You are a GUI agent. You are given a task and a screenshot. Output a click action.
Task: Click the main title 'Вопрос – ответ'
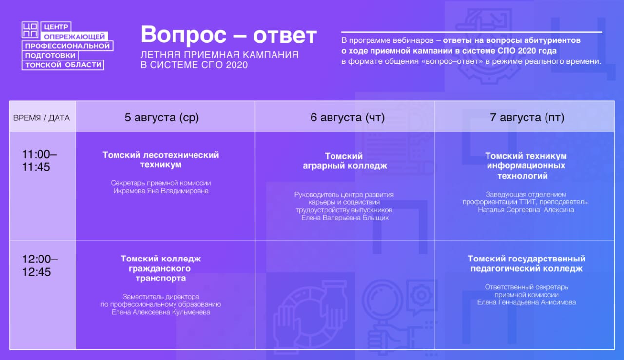(x=229, y=35)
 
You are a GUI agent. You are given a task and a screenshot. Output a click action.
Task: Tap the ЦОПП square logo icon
(x=30, y=30)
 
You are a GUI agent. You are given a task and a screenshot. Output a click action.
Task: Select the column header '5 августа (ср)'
(x=161, y=117)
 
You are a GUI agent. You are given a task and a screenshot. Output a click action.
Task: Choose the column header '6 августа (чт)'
(x=348, y=117)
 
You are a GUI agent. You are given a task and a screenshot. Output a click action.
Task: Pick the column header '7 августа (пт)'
(x=527, y=117)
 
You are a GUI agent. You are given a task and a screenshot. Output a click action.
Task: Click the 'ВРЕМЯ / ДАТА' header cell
(x=41, y=118)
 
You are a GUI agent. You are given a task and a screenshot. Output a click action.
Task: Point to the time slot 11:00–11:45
(x=39, y=160)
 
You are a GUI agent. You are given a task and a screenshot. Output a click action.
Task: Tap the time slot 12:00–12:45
(x=40, y=265)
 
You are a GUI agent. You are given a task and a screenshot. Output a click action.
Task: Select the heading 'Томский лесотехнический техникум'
(x=161, y=160)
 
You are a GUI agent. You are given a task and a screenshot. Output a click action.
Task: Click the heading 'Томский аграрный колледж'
(x=345, y=161)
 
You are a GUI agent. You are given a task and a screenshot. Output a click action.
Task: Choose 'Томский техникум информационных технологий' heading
(x=526, y=165)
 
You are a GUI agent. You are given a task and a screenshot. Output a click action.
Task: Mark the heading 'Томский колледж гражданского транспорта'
(x=161, y=268)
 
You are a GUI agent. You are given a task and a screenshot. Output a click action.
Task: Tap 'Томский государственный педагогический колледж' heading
(x=526, y=263)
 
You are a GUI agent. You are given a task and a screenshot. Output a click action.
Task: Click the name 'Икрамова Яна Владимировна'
(x=161, y=191)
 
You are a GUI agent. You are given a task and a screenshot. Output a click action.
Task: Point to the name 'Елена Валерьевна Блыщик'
(x=345, y=218)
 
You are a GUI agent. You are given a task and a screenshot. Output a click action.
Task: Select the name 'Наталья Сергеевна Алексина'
(x=526, y=210)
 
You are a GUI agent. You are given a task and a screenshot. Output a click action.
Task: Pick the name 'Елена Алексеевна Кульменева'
(x=161, y=312)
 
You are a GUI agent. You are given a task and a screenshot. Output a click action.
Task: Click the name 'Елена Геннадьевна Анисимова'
(x=526, y=302)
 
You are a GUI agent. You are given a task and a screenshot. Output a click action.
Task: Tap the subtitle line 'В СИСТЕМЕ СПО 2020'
(x=194, y=65)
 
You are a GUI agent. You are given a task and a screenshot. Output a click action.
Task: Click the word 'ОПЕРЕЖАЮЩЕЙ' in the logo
(x=75, y=37)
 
